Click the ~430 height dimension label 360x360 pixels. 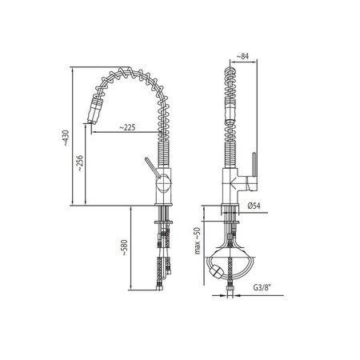(66, 138)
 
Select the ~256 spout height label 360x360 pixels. (80, 163)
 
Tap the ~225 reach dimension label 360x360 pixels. (127, 127)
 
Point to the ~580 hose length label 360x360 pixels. (125, 248)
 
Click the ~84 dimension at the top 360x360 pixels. (242, 56)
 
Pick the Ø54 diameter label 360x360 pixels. (254, 206)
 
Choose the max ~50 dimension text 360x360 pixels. (197, 241)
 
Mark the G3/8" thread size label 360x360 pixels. (262, 288)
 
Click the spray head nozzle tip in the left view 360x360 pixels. (90, 122)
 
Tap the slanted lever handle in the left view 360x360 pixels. (151, 167)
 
